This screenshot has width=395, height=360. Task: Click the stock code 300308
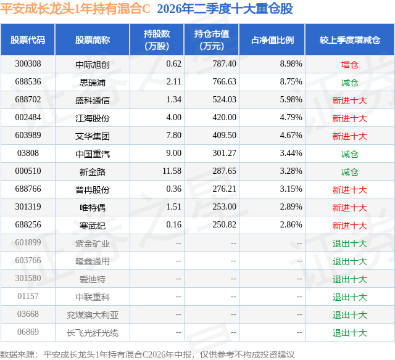28,64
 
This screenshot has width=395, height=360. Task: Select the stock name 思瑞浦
93,83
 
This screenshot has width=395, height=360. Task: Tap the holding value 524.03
224,100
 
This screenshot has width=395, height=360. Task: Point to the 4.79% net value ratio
291,118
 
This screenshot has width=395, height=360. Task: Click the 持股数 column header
157,39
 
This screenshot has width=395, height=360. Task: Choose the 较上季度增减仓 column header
350,40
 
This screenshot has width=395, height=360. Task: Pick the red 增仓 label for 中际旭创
350,65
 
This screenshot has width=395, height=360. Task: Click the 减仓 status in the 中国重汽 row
350,154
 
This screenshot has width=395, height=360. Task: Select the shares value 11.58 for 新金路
172,171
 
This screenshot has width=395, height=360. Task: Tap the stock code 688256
28,224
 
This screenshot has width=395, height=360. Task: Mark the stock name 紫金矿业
93,243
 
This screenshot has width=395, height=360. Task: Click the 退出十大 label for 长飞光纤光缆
350,333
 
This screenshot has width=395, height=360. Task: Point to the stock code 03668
28,314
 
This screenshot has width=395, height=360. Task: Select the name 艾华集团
93,136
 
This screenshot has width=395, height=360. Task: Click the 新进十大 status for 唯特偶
350,208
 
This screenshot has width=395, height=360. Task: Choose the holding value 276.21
224,189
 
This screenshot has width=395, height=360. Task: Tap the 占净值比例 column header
272,40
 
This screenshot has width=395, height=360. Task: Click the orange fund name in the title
75,9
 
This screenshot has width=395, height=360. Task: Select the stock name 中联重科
93,297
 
